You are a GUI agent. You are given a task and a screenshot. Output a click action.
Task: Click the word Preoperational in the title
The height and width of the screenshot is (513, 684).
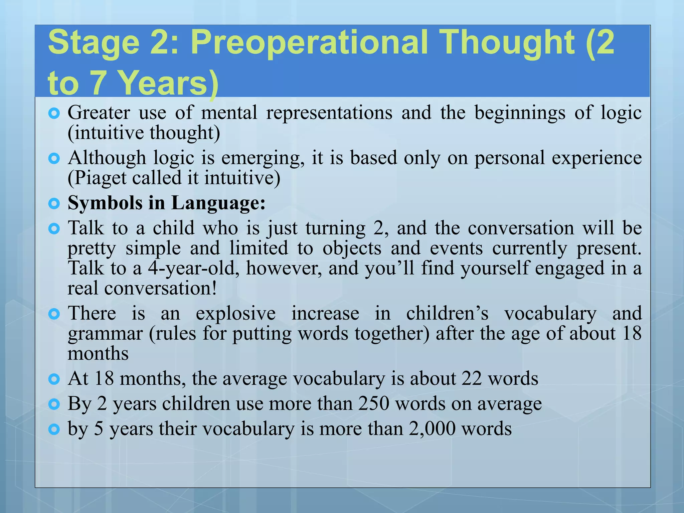pyautogui.click(x=309, y=43)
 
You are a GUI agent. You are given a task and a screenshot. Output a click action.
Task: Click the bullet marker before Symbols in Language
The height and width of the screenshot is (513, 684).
pyautogui.click(x=54, y=203)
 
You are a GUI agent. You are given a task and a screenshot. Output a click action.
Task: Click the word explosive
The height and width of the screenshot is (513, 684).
pyautogui.click(x=236, y=314)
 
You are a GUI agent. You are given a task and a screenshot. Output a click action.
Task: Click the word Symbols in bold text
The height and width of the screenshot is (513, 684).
pyautogui.click(x=105, y=203)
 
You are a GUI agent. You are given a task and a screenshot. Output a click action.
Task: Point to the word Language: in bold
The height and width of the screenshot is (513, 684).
pyautogui.click(x=218, y=203)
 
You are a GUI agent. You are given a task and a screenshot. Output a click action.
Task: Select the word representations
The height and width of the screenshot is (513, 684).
pyautogui.click(x=329, y=113)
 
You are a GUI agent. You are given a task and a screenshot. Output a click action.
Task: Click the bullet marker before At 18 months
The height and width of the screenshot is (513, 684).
pyautogui.click(x=54, y=379)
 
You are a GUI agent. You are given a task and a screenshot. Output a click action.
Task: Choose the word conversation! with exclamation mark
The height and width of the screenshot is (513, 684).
pyautogui.click(x=161, y=288)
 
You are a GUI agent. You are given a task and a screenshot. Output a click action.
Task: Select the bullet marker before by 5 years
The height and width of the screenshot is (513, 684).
pyautogui.click(x=54, y=429)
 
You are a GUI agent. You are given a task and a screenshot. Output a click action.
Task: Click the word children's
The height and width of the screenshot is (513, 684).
pyautogui.click(x=447, y=314)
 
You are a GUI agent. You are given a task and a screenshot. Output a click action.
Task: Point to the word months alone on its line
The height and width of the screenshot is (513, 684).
pyautogui.click(x=98, y=354)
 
